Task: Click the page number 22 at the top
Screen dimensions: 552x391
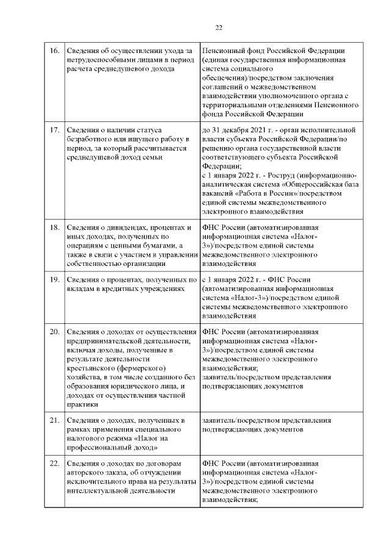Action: [219, 27]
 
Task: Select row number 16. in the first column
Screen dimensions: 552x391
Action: [54, 50]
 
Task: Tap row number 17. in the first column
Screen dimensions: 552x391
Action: [54, 130]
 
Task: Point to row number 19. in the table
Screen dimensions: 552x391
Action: [54, 279]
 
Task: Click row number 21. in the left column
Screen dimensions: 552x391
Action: [54, 420]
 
